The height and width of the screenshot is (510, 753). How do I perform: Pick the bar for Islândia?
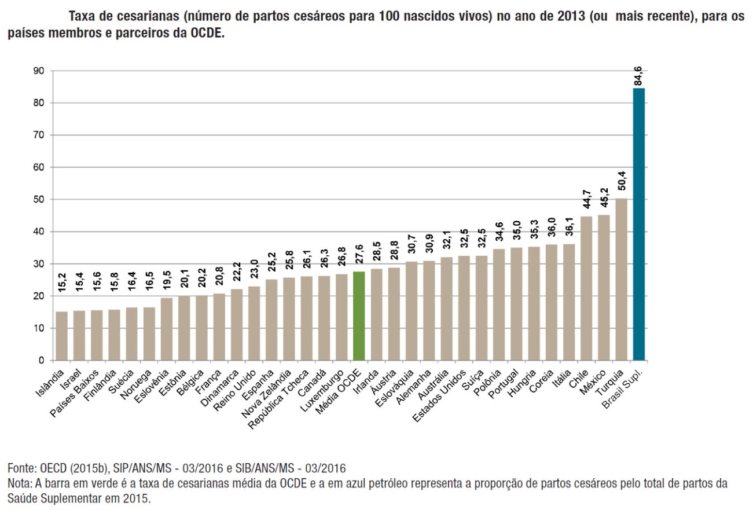click(62, 336)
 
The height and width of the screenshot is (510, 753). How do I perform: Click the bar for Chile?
click(586, 288)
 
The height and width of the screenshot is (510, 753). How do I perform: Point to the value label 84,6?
click(639, 75)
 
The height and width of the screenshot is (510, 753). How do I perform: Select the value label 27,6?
click(359, 258)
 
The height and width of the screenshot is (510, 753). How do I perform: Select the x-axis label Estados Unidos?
click(447, 391)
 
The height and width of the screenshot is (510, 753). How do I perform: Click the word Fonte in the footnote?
click(20, 468)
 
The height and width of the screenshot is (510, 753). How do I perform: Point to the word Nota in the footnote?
click(18, 483)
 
